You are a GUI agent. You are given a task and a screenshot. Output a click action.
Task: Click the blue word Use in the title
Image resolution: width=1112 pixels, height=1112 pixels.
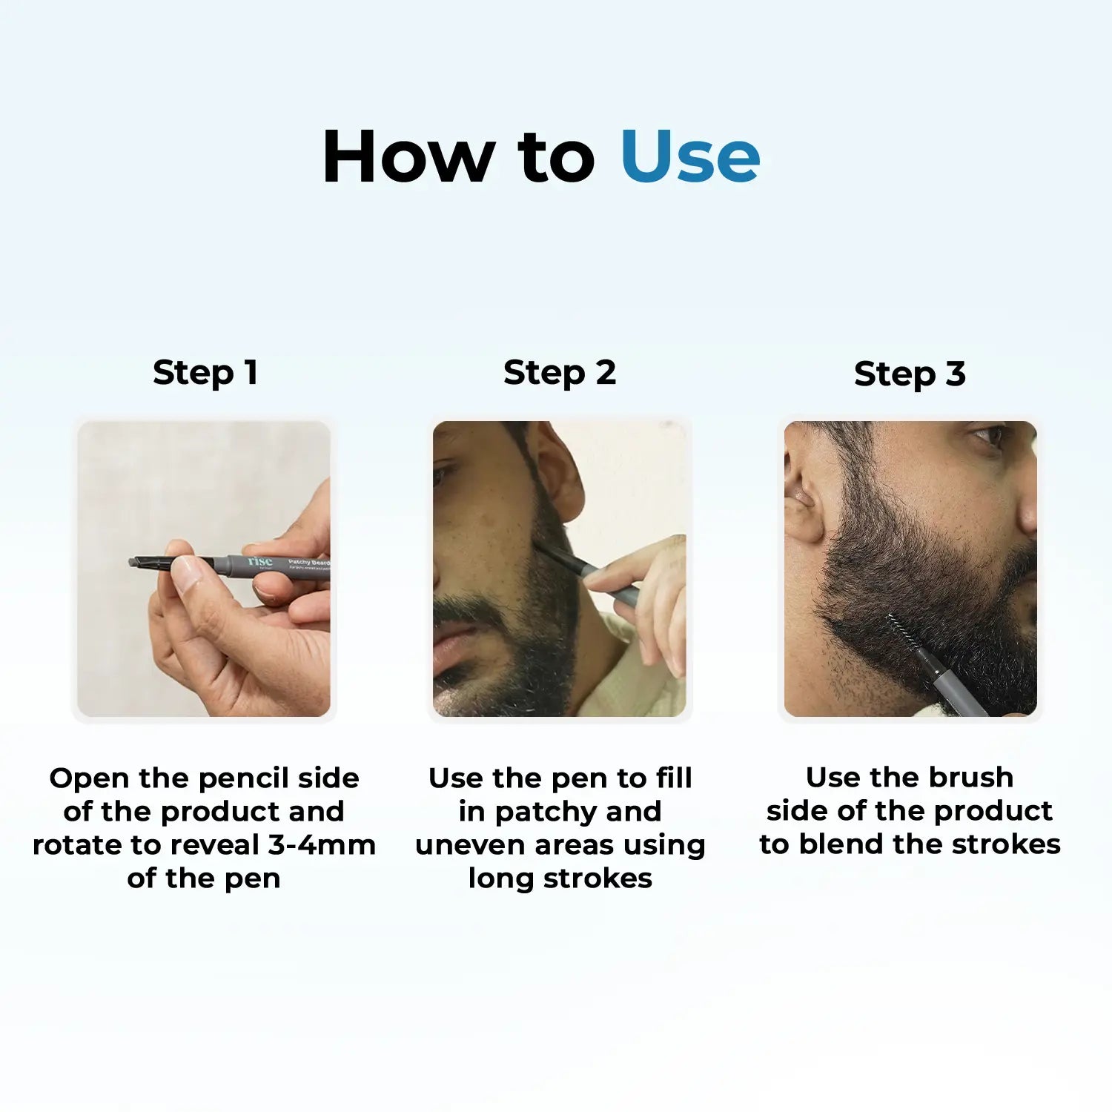(689, 156)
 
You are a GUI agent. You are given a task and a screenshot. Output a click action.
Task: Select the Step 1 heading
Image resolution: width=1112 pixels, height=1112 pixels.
(205, 372)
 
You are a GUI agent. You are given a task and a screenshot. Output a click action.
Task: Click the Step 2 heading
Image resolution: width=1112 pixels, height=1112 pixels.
(560, 372)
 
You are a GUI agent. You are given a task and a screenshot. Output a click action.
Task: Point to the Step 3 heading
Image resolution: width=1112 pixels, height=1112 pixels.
(910, 374)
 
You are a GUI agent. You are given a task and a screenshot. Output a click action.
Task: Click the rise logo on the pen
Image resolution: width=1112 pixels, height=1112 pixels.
(260, 562)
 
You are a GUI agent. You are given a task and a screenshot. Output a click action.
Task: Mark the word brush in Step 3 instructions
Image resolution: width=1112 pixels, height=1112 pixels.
(971, 778)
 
